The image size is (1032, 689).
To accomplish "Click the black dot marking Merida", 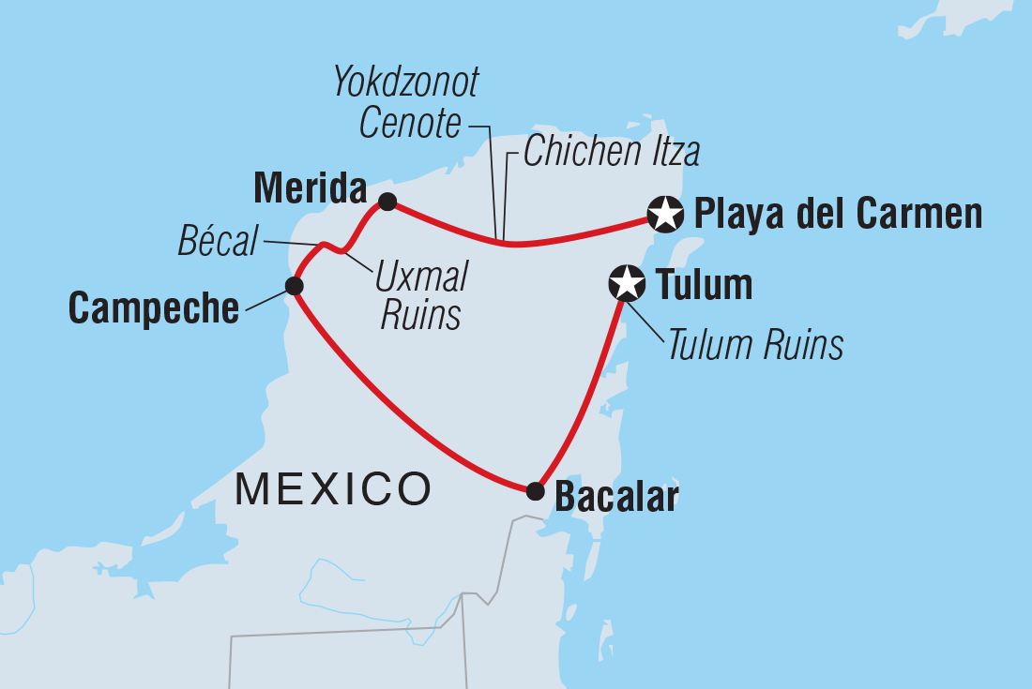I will point(387,201).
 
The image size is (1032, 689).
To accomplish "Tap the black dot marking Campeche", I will point(295,285).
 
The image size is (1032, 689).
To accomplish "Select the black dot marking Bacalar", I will point(535,489).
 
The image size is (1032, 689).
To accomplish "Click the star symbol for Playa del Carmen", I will point(665,214).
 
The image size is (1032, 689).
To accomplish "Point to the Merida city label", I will point(310,190).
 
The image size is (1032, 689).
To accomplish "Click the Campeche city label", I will point(154,307).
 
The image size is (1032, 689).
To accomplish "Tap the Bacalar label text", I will point(615,497).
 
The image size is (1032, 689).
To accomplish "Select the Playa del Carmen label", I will point(837,214).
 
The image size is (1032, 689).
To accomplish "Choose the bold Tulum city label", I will point(704,285).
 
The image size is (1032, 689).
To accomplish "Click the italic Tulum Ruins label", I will point(755,346).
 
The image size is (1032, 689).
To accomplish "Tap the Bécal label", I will point(218,243).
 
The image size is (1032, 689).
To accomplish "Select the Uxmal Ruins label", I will point(420,295).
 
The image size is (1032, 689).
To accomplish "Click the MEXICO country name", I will point(333,489).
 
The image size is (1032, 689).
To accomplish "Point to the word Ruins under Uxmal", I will point(420,316).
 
